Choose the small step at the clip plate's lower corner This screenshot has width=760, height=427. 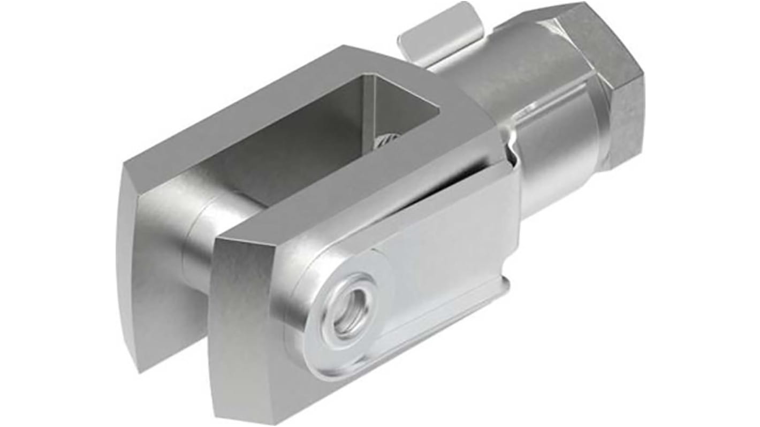(503, 281)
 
